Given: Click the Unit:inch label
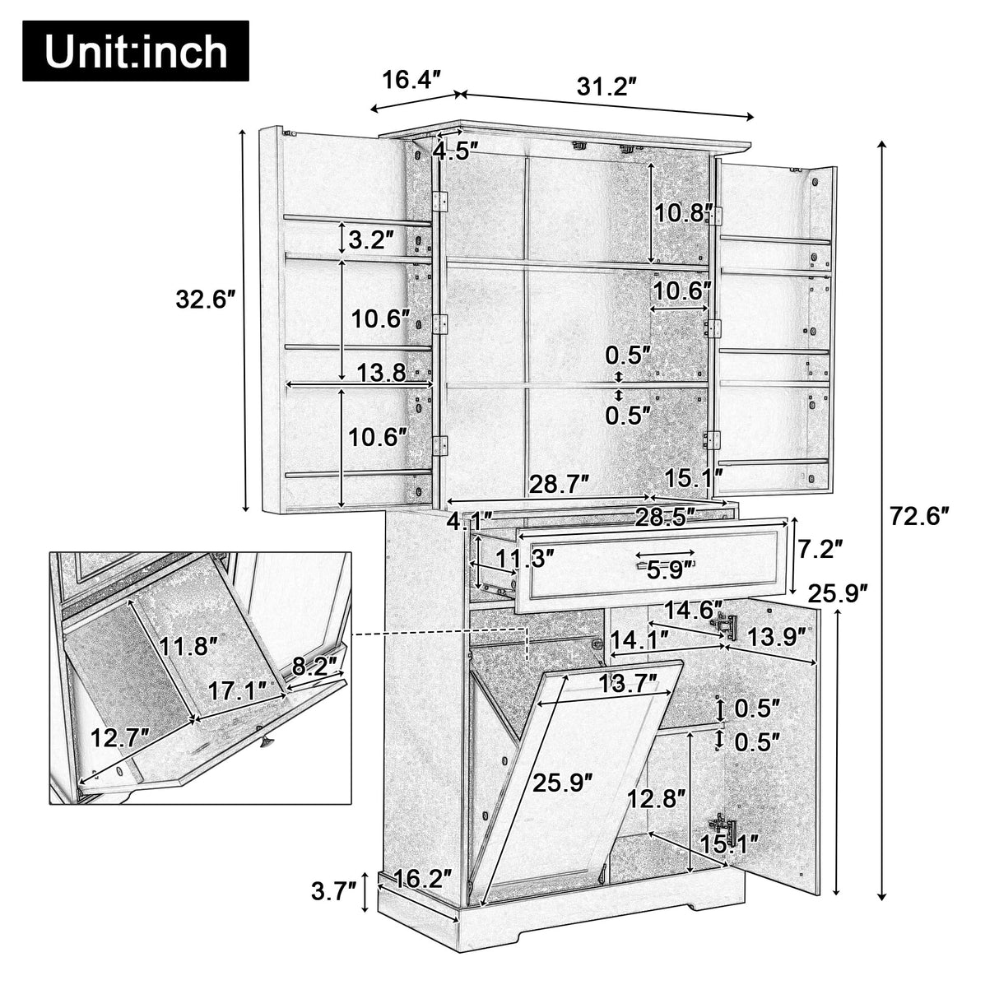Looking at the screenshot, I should [x=135, y=51].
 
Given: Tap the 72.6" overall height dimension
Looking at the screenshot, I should [x=919, y=516].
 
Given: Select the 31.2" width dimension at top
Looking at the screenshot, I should [x=607, y=86].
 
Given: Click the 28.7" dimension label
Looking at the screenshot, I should [x=559, y=484].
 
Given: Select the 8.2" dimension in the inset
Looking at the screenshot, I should [x=316, y=666].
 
